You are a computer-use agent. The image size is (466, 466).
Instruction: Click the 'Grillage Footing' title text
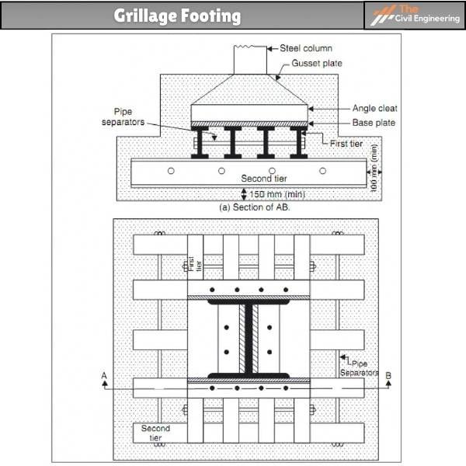tap(177, 16)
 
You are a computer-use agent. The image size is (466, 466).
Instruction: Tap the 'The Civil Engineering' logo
tap(413, 15)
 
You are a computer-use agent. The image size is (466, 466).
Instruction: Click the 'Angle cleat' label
tap(374, 109)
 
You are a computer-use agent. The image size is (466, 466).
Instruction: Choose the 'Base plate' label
tap(374, 123)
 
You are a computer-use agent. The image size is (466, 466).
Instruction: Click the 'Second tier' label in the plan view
tap(155, 433)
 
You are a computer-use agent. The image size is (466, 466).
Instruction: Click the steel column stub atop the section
tap(250, 60)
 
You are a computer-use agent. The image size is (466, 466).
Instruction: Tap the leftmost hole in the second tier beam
tap(171, 170)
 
